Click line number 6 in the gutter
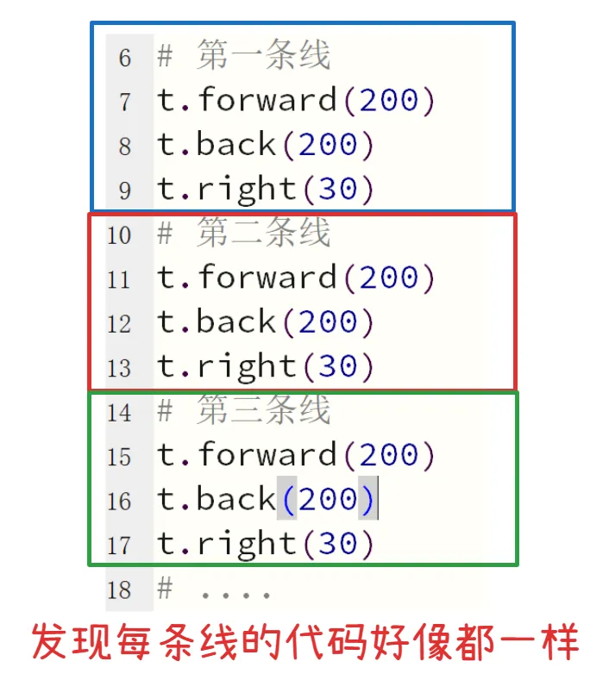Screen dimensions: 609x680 (x=125, y=58)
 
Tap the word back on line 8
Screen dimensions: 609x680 (x=235, y=145)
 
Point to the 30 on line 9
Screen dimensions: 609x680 (x=337, y=190)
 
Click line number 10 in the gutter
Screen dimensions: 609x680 (x=119, y=234)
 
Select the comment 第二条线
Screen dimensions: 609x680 (x=263, y=234)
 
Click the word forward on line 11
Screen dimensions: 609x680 (x=267, y=278)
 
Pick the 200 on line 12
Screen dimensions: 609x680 (x=327, y=322)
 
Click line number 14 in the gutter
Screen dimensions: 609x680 (x=119, y=412)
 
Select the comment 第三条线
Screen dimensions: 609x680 (x=263, y=411)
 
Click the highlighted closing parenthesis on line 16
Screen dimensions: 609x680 (x=367, y=500)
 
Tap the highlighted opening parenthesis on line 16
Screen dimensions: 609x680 (x=286, y=500)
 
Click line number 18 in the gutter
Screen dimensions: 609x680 (x=119, y=590)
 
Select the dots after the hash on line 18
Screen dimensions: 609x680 (x=235, y=593)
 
